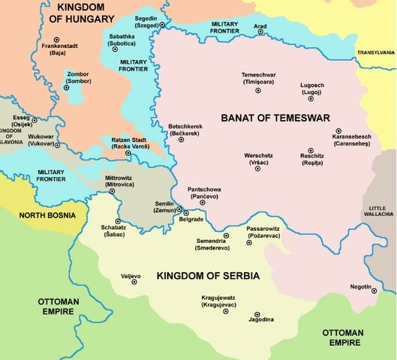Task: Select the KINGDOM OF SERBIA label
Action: (208, 276)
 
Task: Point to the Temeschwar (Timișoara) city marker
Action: (258, 90)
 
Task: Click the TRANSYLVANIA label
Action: (375, 52)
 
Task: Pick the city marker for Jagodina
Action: (257, 314)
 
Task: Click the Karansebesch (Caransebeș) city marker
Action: (338, 130)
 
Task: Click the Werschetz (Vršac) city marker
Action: (257, 169)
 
